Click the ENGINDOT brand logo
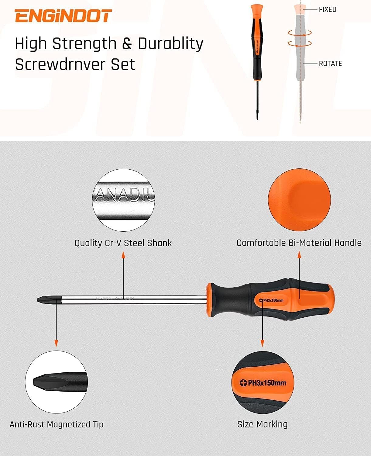tap(63, 16)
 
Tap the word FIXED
tap(328, 9)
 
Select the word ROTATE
tap(330, 64)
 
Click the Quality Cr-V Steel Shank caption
tap(123, 243)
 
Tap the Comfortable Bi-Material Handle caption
tap(299, 243)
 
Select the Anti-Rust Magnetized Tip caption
tap(57, 424)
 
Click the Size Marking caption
tap(262, 424)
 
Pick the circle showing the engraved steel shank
tap(123, 200)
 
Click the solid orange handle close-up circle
tap(299, 200)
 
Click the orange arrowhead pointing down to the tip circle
tap(56, 344)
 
